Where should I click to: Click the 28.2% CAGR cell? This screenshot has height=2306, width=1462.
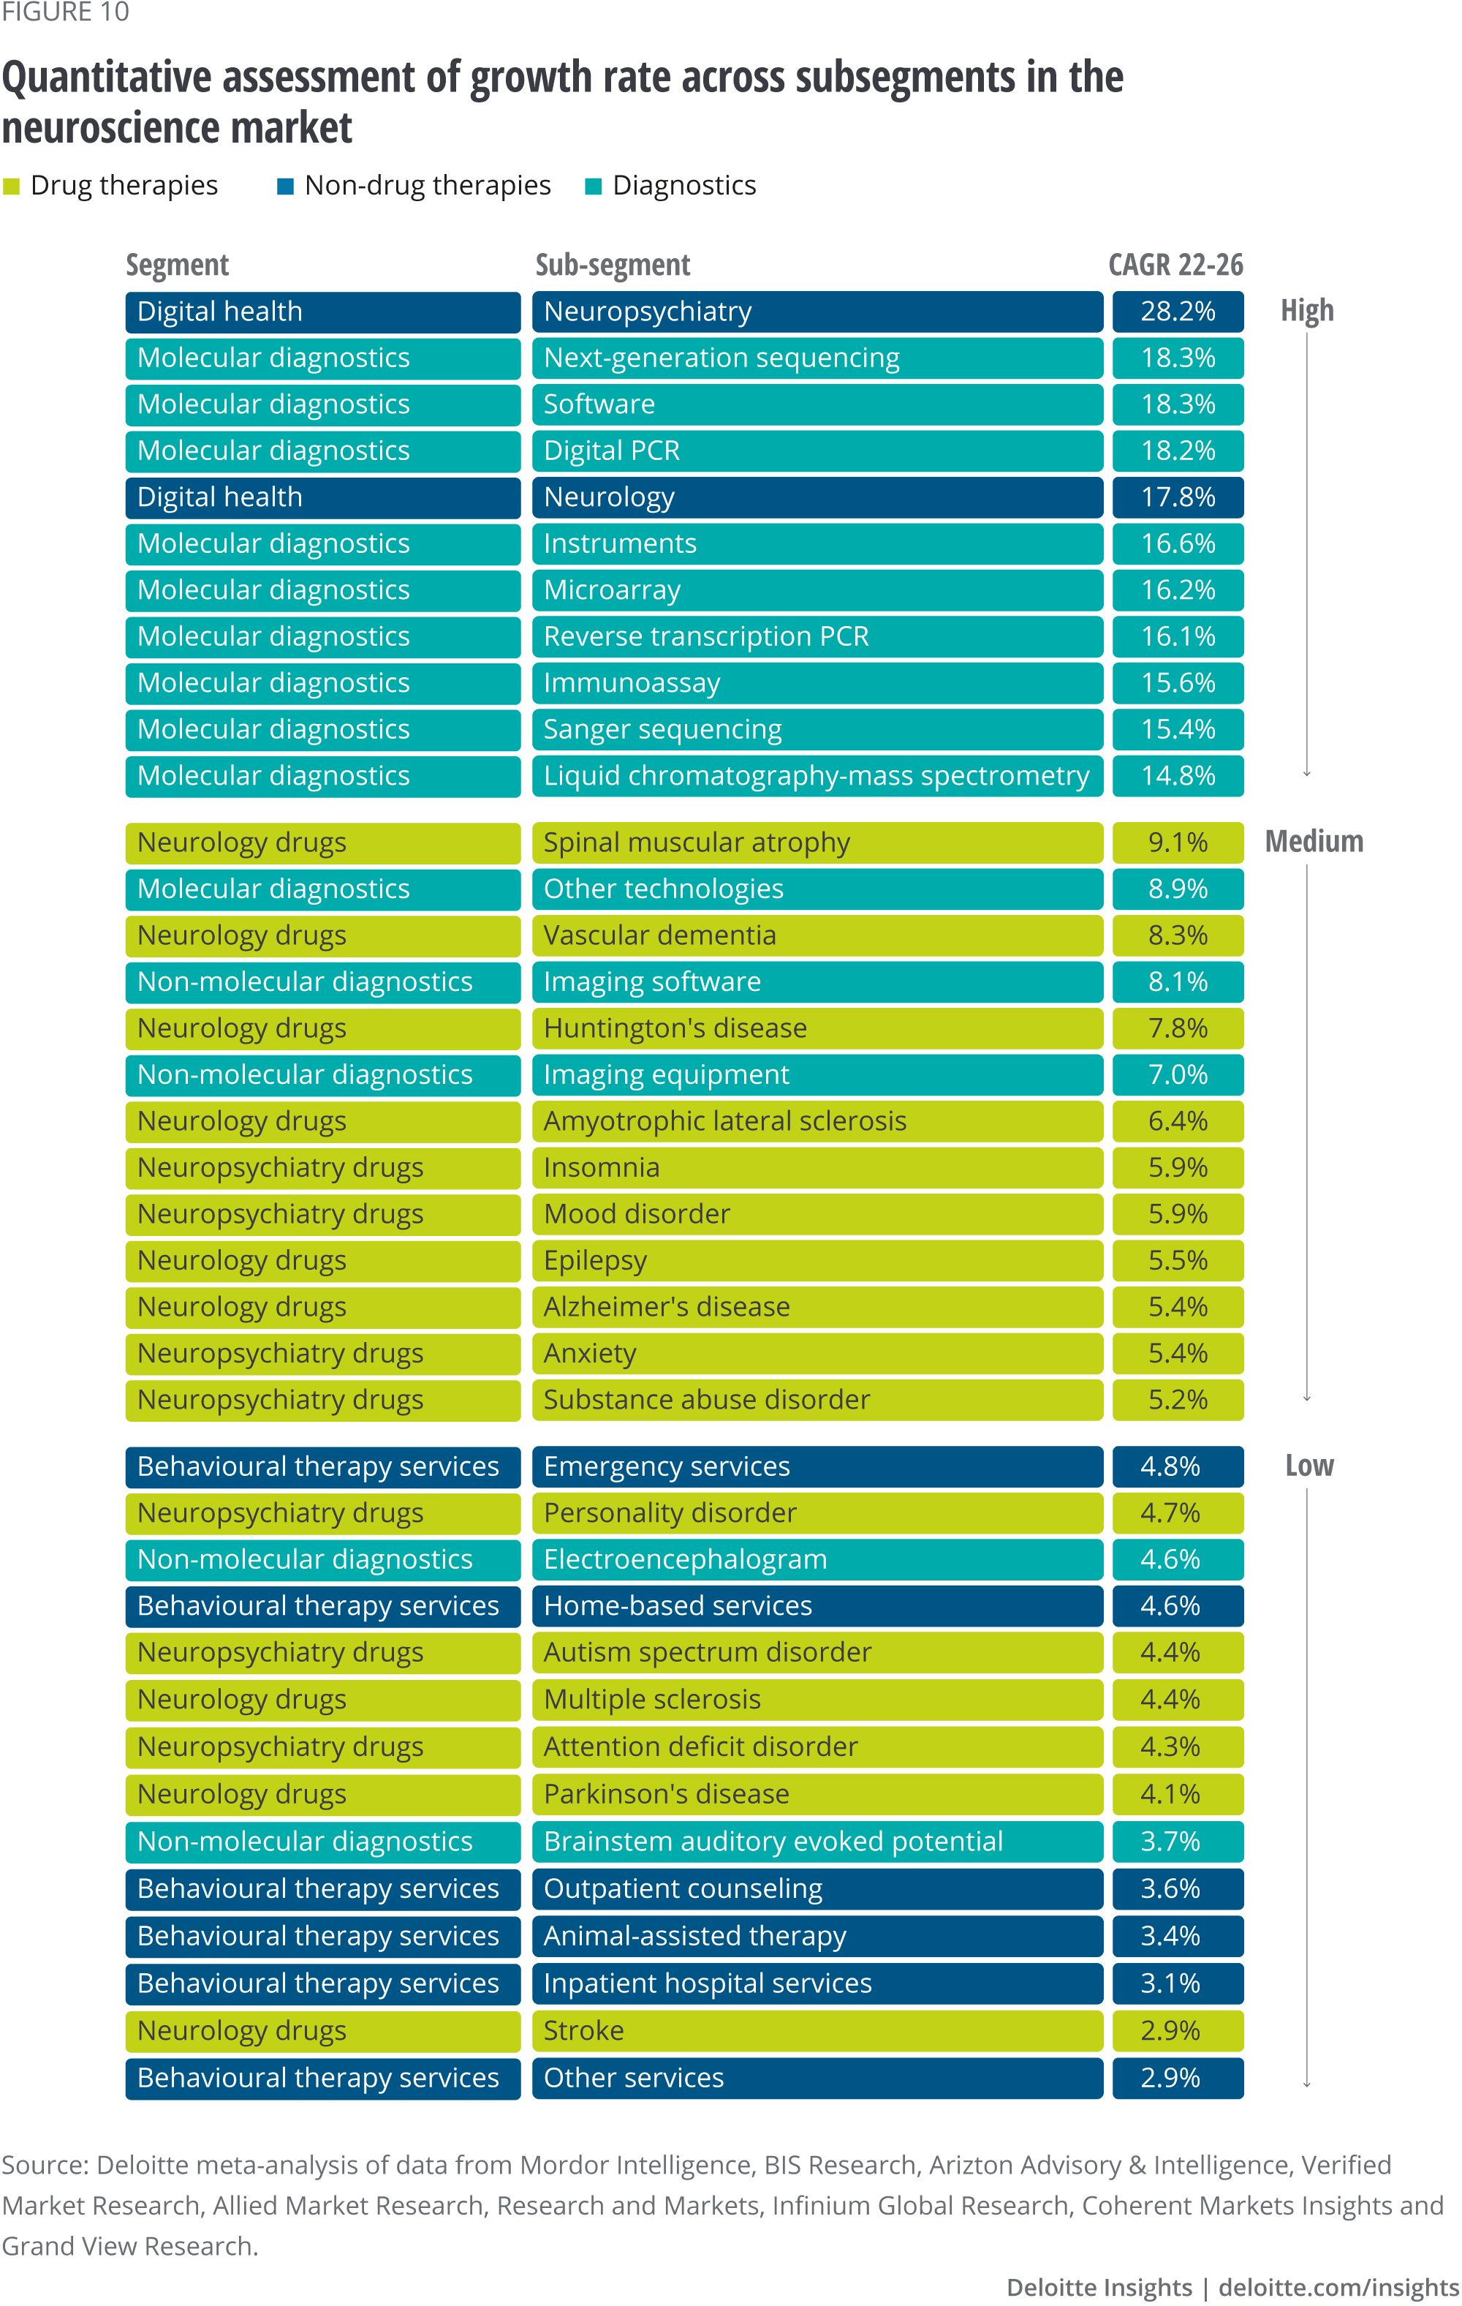pos(1177,312)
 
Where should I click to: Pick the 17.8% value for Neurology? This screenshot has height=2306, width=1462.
pos(1177,497)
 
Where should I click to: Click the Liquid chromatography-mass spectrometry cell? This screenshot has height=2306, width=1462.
pos(817,776)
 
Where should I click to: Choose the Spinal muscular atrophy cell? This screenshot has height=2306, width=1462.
pos(817,843)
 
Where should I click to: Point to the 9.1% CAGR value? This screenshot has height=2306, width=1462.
pos(1177,843)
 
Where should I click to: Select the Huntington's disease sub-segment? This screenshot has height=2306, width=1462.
pos(817,1028)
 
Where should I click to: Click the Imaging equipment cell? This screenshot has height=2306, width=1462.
pos(817,1074)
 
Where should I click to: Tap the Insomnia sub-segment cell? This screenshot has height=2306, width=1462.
pos(817,1167)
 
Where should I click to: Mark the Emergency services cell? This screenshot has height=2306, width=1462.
pos(817,1466)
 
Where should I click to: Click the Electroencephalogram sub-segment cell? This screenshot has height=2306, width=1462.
pos(817,1559)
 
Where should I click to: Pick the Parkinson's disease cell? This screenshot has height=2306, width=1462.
pos(817,1793)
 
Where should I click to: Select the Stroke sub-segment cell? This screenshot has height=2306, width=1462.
pos(817,2030)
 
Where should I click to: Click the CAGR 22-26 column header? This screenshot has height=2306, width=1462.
pos(1175,264)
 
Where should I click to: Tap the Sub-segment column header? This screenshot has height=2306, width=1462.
pos(612,264)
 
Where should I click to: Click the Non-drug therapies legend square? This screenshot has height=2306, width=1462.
pos(284,186)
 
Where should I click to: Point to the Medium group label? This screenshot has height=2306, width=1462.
pos(1314,842)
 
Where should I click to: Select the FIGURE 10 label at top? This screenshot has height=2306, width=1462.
pos(65,12)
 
